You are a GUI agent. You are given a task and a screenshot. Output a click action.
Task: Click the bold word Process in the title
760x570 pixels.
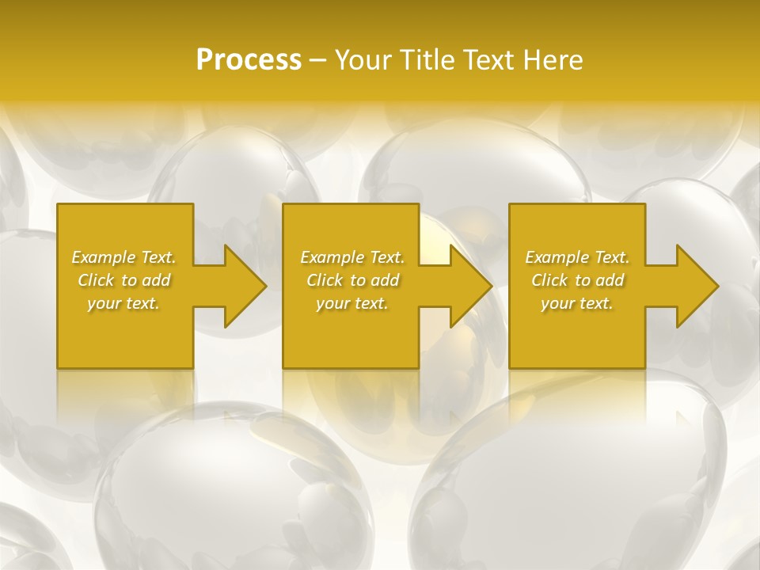click(x=249, y=59)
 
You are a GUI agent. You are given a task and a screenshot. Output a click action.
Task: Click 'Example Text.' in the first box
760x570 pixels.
click(x=123, y=256)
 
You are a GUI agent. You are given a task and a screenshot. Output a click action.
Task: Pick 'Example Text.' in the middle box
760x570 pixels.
click(x=352, y=256)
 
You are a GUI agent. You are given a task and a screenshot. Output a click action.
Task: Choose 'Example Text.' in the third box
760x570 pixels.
click(x=577, y=256)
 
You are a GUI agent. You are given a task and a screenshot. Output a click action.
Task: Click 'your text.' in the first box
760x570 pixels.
click(x=123, y=303)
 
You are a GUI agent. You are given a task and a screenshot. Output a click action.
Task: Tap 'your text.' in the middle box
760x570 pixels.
click(x=352, y=303)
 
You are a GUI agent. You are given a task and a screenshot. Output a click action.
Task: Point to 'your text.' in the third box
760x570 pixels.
click(x=577, y=303)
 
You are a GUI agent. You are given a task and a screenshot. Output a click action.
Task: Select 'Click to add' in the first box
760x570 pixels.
click(x=123, y=280)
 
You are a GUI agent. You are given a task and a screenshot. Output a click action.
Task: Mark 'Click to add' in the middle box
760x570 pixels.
click(x=352, y=280)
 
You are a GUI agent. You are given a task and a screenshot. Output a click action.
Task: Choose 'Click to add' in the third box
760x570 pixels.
click(x=577, y=280)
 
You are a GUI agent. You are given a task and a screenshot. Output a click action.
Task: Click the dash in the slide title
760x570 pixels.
click(x=317, y=60)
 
